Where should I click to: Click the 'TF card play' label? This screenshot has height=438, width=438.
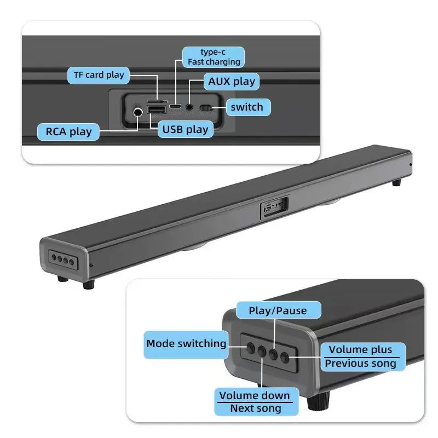click(99, 75)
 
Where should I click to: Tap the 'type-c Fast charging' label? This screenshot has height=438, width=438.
click(214, 57)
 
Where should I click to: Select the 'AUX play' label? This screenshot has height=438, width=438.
click(232, 82)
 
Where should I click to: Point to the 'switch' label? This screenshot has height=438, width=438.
click(246, 107)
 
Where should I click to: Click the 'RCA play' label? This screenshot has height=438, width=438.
click(68, 131)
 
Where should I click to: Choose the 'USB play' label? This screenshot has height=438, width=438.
click(185, 129)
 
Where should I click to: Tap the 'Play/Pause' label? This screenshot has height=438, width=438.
click(278, 310)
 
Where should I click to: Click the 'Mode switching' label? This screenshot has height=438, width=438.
click(186, 344)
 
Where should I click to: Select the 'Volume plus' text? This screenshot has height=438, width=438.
click(360, 350)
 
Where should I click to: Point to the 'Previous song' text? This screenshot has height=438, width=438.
click(360, 364)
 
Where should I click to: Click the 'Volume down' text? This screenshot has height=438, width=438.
click(255, 395)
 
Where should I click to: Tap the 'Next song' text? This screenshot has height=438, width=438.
click(255, 408)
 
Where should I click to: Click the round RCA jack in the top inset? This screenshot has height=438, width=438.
click(137, 113)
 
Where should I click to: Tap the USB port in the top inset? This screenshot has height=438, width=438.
click(157, 111)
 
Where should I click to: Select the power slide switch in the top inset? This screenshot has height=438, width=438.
click(205, 108)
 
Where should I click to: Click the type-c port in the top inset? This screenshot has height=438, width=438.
click(175, 106)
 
